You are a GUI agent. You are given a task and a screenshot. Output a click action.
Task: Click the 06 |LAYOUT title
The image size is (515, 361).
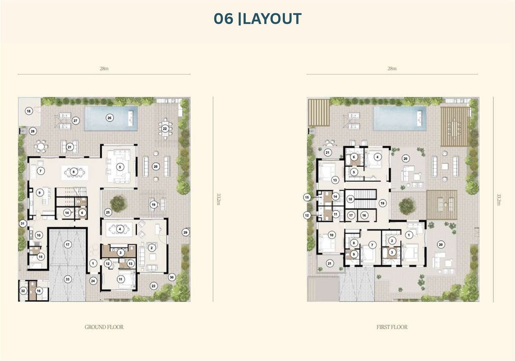click(257, 19)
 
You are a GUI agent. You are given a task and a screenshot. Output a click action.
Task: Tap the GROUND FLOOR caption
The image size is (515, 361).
click(104, 327)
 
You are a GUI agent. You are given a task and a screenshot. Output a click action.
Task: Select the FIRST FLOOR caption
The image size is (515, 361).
click(392, 327)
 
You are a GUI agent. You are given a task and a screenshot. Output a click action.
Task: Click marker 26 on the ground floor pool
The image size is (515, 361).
click(109, 118)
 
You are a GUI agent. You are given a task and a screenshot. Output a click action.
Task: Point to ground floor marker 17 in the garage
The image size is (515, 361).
click(68, 244)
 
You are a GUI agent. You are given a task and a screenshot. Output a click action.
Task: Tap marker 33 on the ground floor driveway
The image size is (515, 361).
click(68, 279)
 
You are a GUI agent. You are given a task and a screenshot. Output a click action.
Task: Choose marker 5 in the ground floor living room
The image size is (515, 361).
click(120, 167)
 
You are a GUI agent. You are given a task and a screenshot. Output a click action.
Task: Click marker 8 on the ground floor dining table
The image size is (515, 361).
click(74, 172)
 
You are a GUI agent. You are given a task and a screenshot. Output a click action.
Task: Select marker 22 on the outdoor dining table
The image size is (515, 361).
click(165, 128)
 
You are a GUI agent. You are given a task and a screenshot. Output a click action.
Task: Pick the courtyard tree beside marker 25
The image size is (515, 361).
click(118, 204)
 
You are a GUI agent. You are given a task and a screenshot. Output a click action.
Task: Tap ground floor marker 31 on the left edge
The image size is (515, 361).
click(23, 223)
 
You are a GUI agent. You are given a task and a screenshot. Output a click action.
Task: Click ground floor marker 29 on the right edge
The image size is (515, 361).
click(186, 232)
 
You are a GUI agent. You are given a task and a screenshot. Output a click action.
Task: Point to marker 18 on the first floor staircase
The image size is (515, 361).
click(350, 199)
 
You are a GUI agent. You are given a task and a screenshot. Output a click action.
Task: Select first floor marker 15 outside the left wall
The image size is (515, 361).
click(307, 197)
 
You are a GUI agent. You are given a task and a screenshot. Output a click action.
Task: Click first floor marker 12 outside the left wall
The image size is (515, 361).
click(307, 215)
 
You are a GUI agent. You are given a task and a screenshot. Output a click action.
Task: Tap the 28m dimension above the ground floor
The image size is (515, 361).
click(104, 69)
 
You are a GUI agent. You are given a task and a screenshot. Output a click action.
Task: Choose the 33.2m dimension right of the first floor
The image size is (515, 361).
click(499, 199)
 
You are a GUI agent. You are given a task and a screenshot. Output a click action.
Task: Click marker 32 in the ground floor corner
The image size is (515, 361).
click(23, 291)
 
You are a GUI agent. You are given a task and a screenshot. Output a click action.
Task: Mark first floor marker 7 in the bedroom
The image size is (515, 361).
click(372, 245)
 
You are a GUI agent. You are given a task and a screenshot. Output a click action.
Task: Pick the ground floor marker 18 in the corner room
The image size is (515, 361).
click(29, 112)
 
